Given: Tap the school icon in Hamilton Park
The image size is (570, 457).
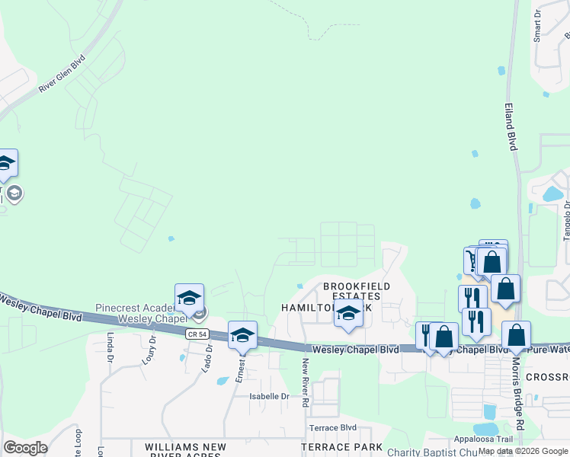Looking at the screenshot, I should [348, 314].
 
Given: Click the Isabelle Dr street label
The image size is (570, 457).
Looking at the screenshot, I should [270, 396].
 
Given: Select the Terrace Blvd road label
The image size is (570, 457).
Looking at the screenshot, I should [332, 427].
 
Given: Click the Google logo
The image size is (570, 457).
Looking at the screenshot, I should [25, 448].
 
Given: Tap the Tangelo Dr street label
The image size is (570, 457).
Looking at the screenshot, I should [566, 221].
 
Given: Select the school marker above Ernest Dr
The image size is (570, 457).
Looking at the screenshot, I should [242, 336].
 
